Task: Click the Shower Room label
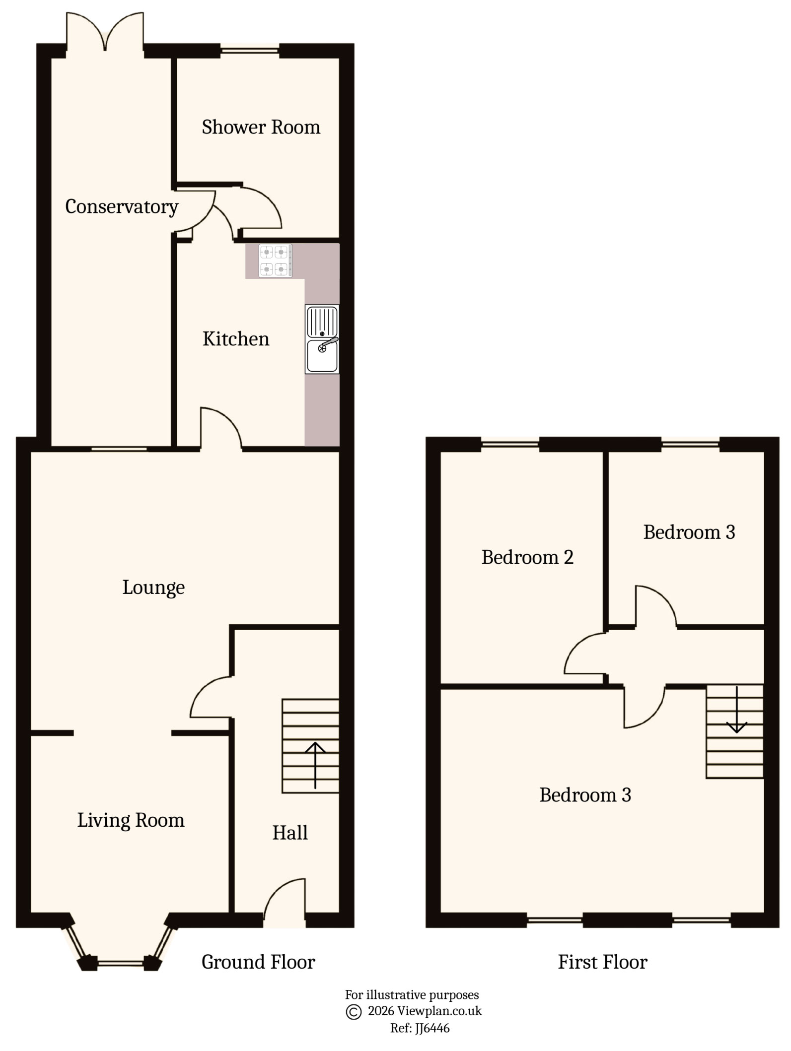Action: click(x=261, y=128)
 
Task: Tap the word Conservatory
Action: click(x=122, y=206)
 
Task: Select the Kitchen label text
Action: click(x=236, y=339)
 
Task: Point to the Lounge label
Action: click(x=153, y=588)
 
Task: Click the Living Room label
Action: click(x=131, y=820)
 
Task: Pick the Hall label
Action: click(x=290, y=833)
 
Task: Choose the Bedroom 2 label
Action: click(x=527, y=557)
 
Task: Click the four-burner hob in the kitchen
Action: click(x=275, y=261)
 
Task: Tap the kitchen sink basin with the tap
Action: click(x=322, y=355)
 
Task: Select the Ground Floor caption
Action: click(x=258, y=962)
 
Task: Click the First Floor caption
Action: click(x=602, y=962)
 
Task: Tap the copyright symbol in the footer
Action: click(x=353, y=1012)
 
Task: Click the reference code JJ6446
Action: click(x=431, y=1028)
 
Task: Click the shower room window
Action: click(x=250, y=50)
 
